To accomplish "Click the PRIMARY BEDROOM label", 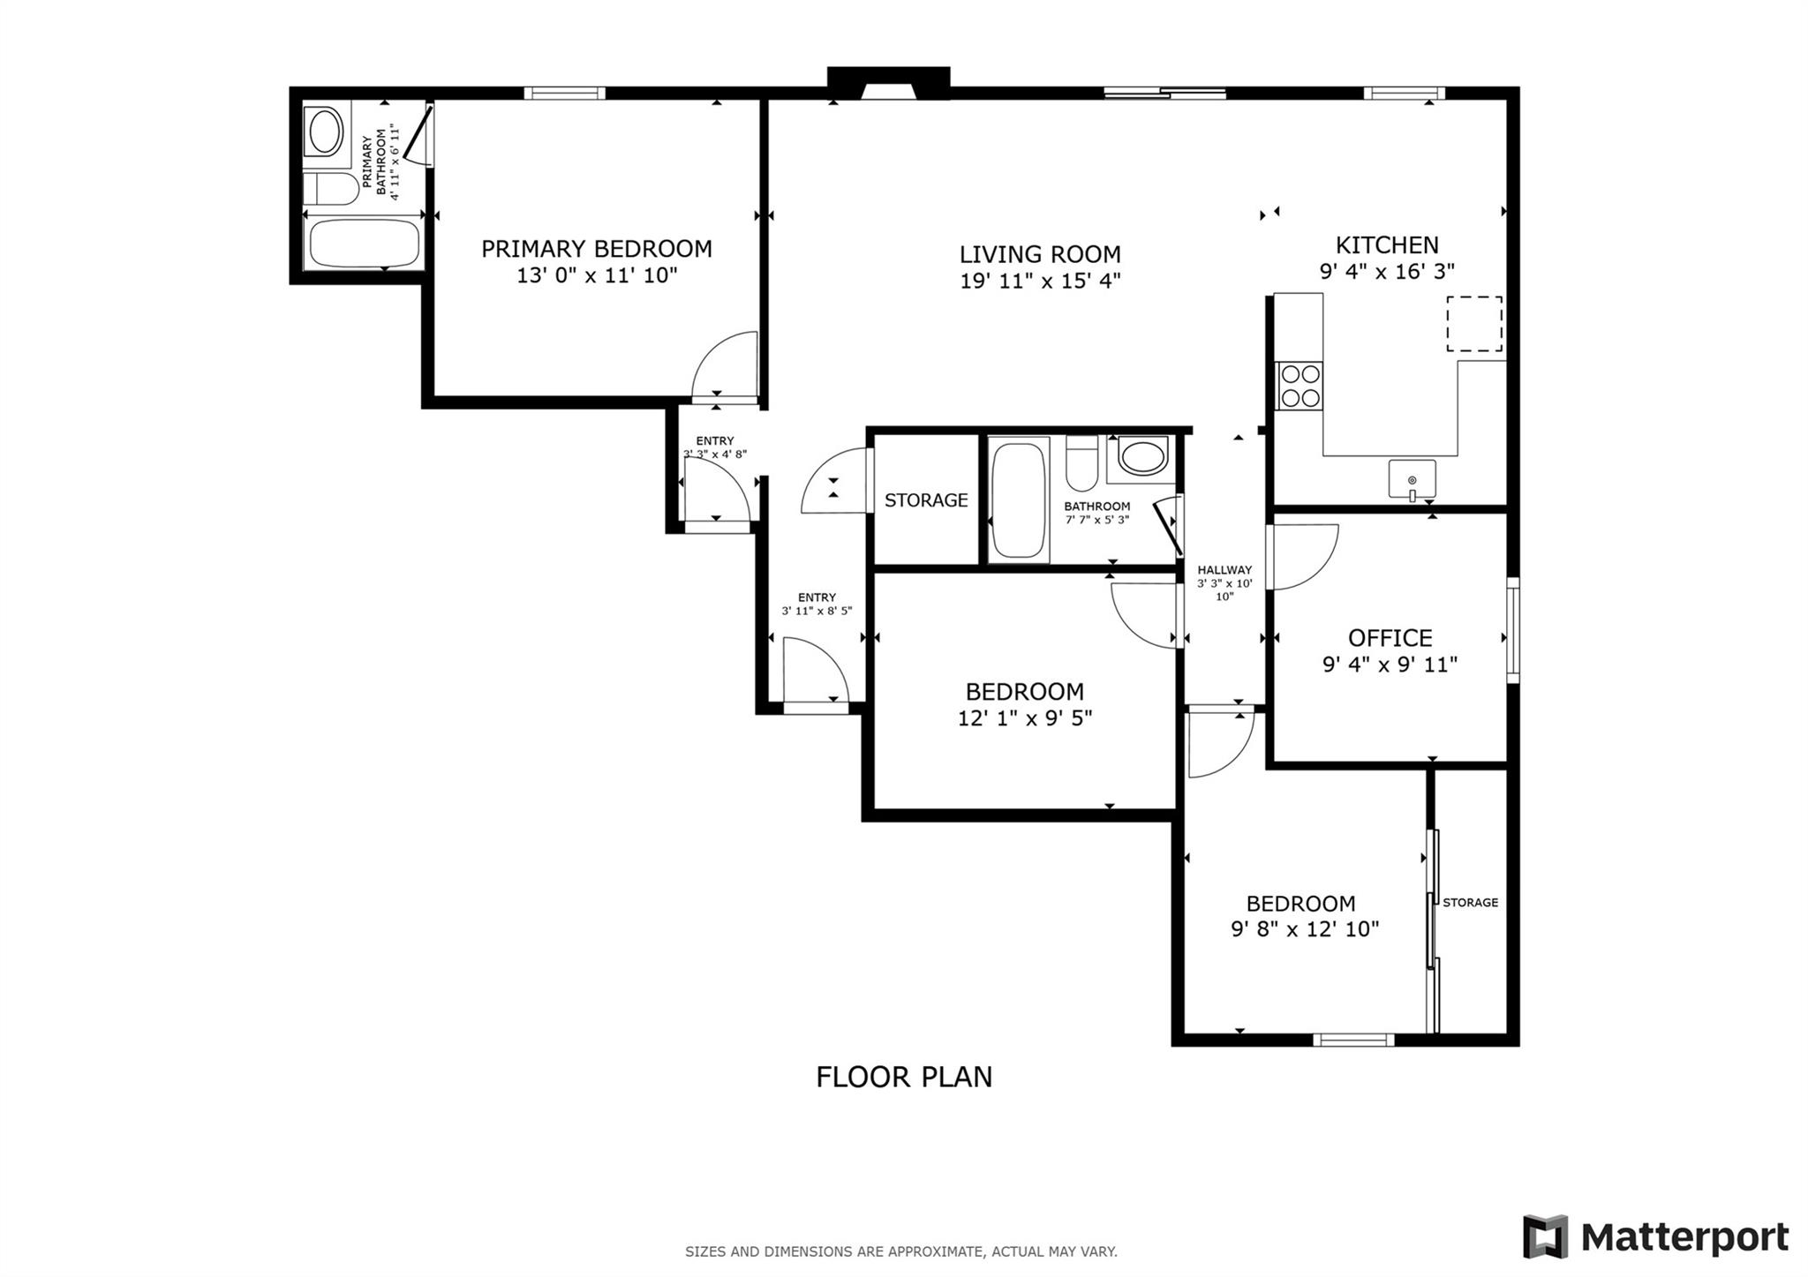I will (596, 249).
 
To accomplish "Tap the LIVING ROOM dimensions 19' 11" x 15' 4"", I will (1040, 282).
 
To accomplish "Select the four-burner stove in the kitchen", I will (1299, 387).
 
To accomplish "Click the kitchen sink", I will (1412, 479).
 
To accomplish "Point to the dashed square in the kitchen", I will (1473, 324).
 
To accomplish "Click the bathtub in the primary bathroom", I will (365, 244).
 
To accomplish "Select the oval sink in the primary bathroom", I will (324, 132).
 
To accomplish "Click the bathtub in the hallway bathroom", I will (1018, 500).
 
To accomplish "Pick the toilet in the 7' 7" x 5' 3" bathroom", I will (1081, 462).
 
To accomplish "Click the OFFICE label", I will (1390, 638).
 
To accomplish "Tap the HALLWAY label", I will (1224, 570).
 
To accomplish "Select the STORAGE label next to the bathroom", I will (926, 500).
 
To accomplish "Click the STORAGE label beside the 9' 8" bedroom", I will (1470, 902).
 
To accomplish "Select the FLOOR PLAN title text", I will (904, 1077).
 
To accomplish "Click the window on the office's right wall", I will (1512, 629).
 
